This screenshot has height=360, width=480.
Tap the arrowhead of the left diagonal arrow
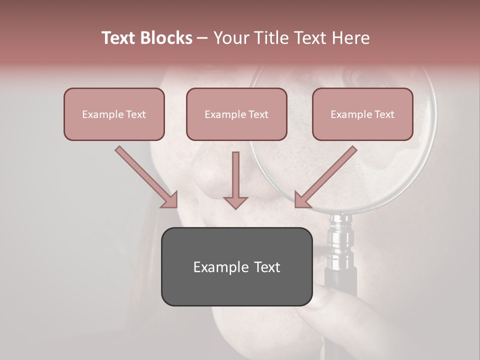tap(170, 200)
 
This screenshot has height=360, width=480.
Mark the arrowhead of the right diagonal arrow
tap(302, 200)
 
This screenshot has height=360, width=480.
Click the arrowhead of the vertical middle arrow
tap(235, 202)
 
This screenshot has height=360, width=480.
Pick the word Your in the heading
tap(230, 38)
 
